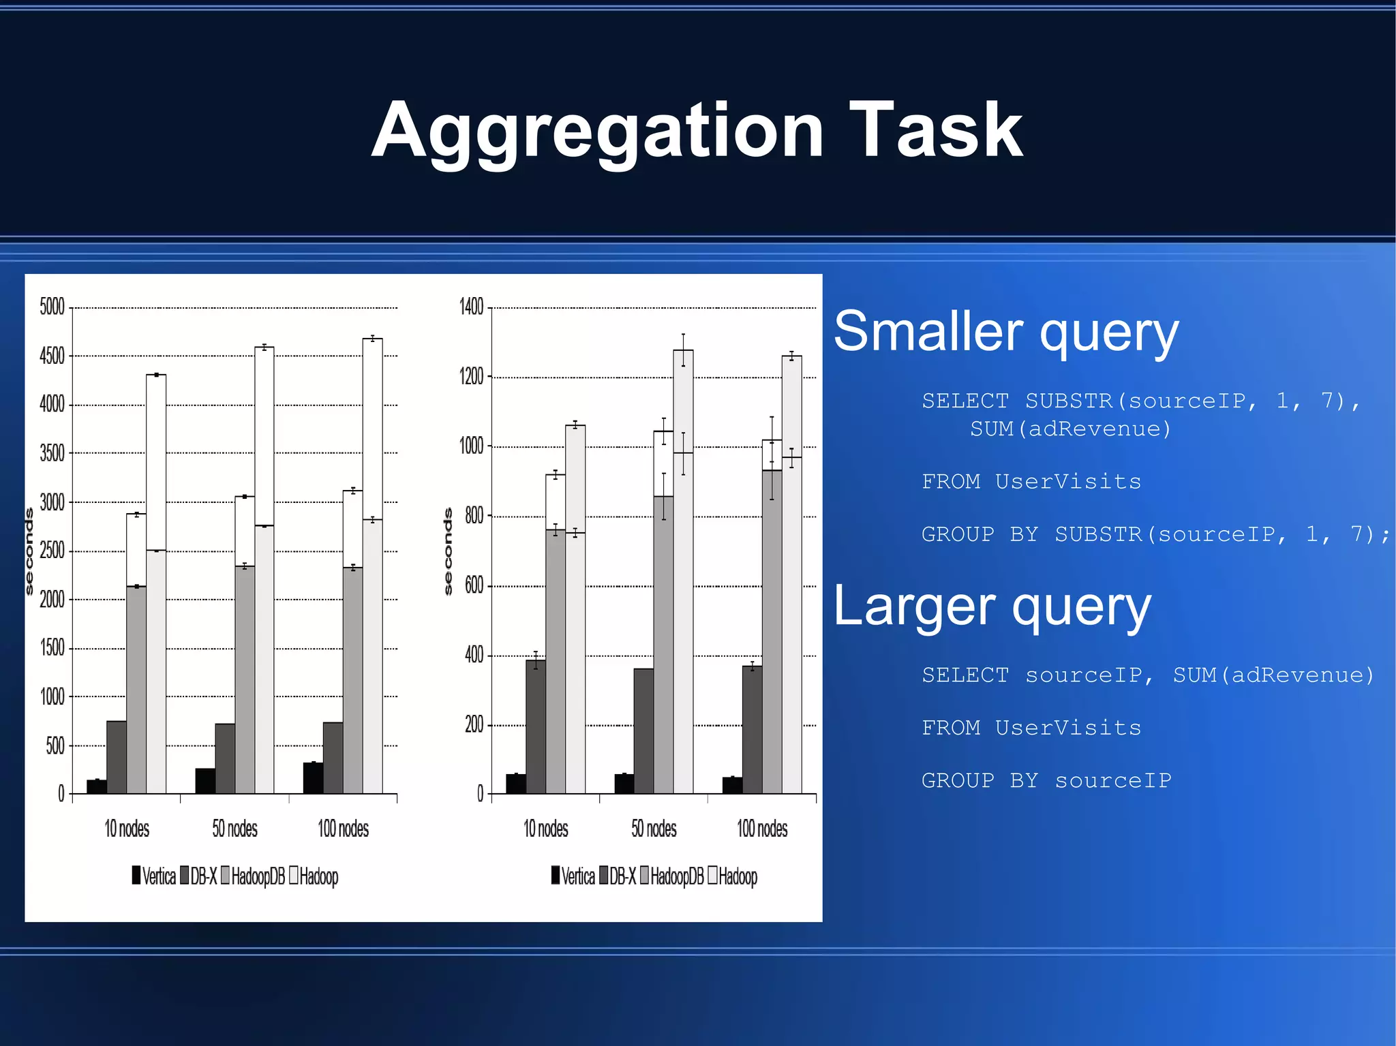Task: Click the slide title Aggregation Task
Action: (697, 130)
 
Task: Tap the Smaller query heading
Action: (1005, 332)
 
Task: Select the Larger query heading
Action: (992, 606)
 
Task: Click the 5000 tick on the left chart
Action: (52, 307)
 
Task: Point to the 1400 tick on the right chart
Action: (471, 307)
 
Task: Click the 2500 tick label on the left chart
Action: (52, 551)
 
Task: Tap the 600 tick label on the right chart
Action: (474, 585)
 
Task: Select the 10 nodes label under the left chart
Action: (127, 829)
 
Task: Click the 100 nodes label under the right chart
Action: (762, 829)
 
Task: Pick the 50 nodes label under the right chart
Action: (654, 829)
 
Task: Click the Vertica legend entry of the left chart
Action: (154, 876)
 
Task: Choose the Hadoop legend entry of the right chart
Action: (733, 876)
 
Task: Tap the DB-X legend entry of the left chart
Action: (198, 876)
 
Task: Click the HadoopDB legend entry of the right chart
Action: (671, 876)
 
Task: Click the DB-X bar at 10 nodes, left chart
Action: (117, 756)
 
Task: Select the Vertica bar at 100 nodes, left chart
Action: (313, 778)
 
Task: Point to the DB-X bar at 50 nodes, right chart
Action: (643, 730)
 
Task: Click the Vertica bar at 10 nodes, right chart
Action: (515, 784)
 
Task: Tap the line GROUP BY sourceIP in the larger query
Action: (1046, 780)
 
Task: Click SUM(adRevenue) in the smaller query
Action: (1070, 429)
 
